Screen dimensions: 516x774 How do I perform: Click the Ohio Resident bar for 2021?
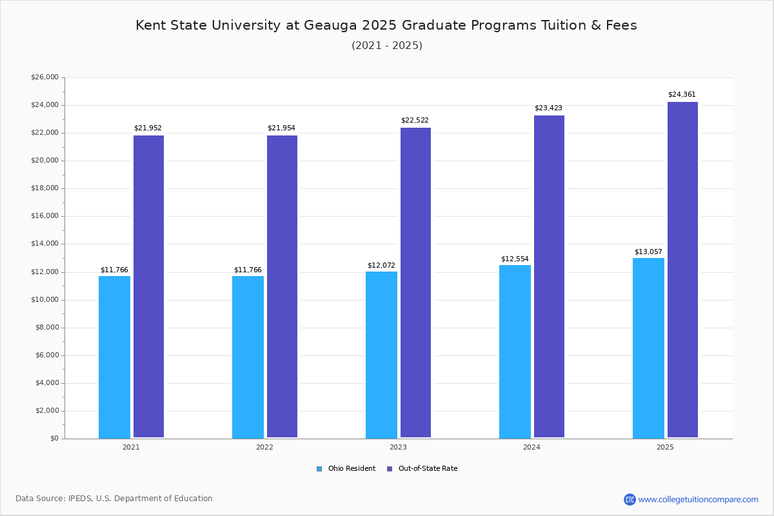click(114, 357)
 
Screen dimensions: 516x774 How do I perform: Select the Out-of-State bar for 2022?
click(282, 286)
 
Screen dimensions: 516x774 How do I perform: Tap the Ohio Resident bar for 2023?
click(381, 355)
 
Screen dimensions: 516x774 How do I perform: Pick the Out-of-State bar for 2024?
click(549, 277)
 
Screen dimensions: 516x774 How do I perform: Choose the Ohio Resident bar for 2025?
click(648, 348)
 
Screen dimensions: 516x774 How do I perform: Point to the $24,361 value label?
click(682, 95)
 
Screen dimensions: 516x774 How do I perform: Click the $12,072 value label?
click(381, 266)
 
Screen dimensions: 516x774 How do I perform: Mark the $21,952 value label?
click(148, 128)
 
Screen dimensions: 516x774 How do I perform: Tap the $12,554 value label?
click(515, 259)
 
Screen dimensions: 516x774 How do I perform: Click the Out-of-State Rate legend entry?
click(427, 469)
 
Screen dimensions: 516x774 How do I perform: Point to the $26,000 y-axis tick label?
click(45, 77)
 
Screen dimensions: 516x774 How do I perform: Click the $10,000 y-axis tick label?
click(45, 300)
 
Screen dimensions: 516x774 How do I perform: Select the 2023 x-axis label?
click(398, 447)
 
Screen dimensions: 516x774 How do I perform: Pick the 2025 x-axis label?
click(665, 447)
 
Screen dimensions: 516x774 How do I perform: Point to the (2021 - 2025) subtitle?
click(387, 46)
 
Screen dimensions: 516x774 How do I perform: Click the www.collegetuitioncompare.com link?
click(698, 499)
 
